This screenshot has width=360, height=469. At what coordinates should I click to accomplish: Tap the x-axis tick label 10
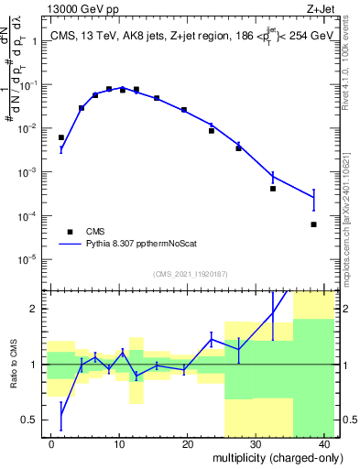tap(119, 443)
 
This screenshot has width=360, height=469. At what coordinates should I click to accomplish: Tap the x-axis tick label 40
tap(323, 443)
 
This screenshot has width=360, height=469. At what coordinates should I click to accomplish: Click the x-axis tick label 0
tap(51, 443)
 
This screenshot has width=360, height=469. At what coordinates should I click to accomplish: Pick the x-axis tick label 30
tap(256, 443)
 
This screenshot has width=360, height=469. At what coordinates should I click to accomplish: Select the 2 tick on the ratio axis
tap(38, 309)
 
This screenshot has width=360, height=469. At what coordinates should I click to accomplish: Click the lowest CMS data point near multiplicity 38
tap(313, 224)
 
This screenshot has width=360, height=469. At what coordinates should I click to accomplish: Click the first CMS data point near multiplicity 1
tap(61, 137)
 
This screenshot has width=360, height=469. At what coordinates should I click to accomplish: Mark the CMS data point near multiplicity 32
tap(273, 189)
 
